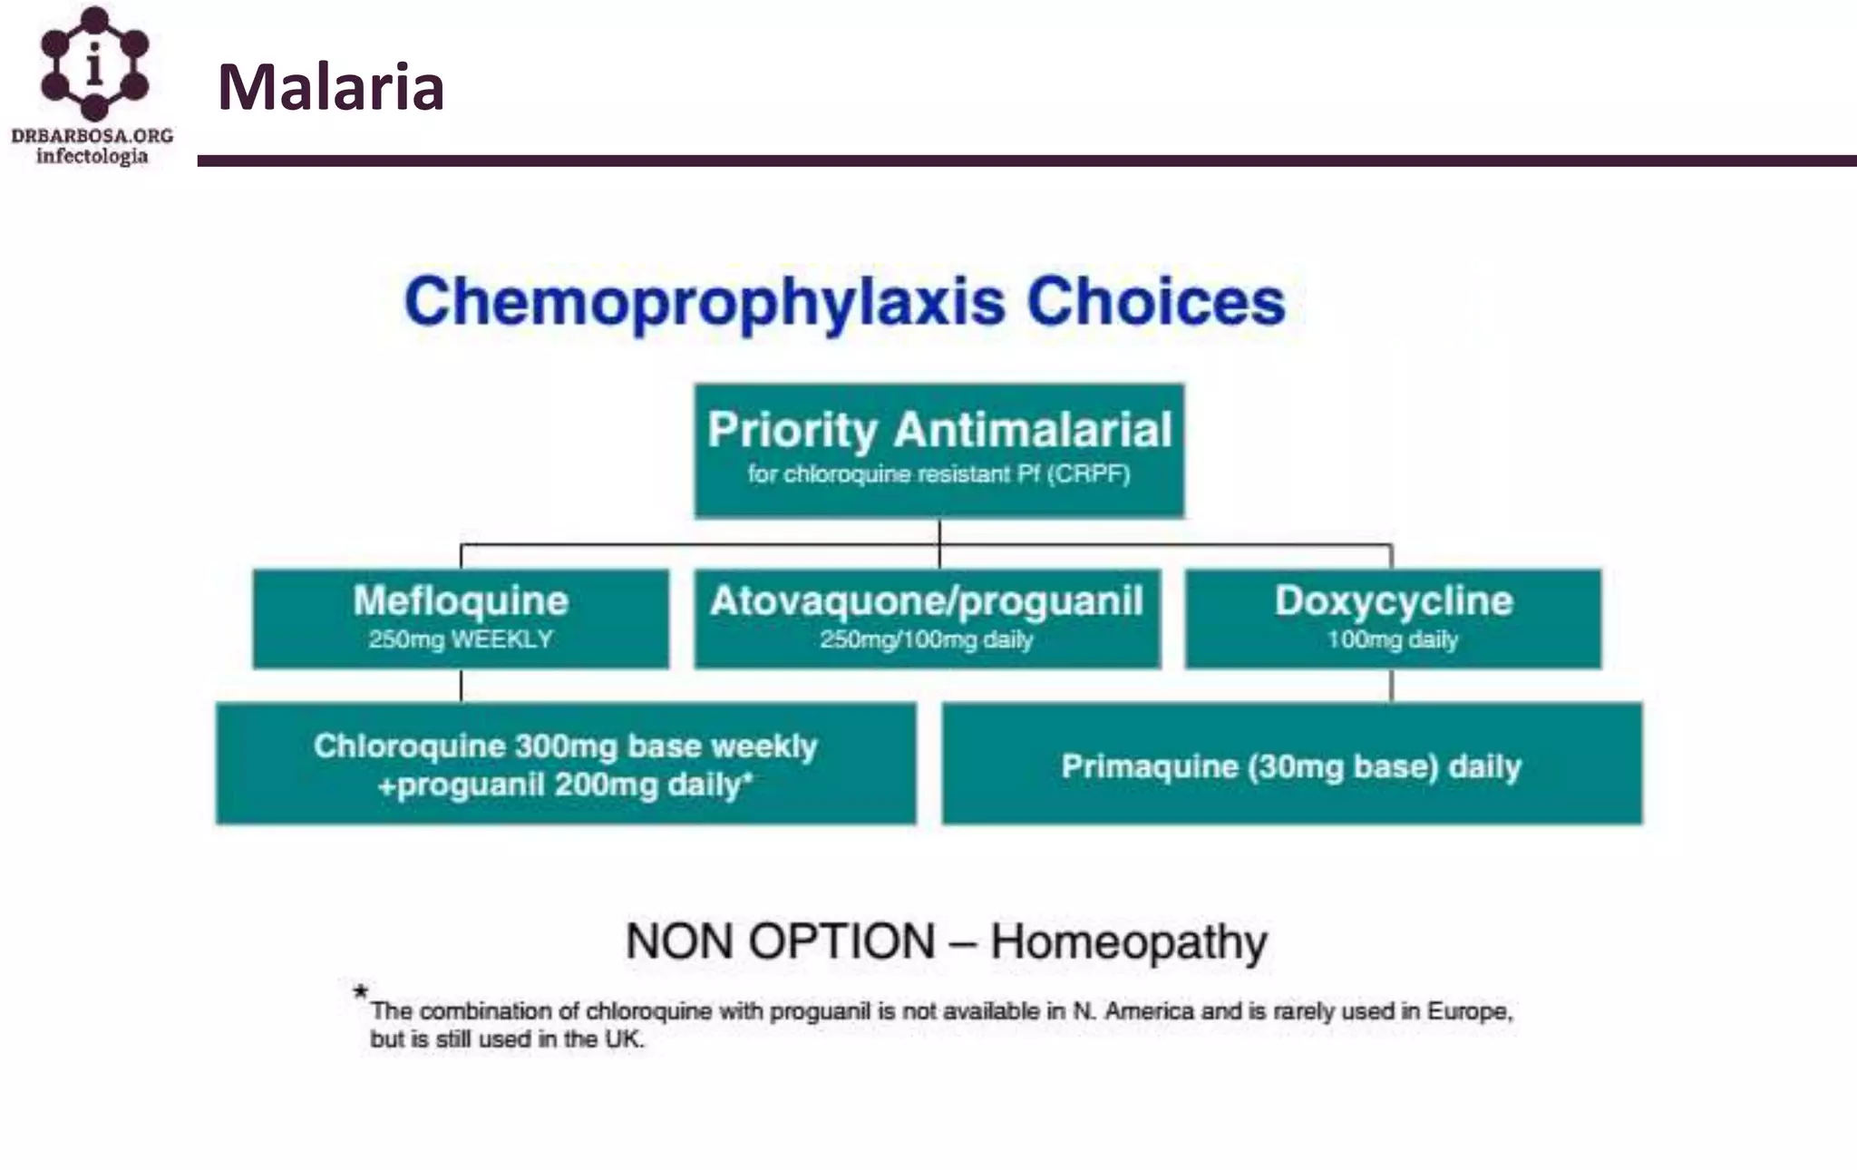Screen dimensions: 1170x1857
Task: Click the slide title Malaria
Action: [x=331, y=88]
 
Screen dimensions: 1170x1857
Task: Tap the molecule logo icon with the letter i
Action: [x=94, y=63]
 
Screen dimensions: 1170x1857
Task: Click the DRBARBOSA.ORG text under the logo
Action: [x=92, y=136]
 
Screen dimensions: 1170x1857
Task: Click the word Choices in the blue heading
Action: [x=1155, y=302]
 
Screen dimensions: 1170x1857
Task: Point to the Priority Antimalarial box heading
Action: [x=939, y=430]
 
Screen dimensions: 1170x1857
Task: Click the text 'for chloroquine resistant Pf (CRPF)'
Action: [x=939, y=474]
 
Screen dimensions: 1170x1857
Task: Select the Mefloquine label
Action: [x=461, y=600]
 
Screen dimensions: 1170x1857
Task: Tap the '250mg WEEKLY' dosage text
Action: [x=461, y=639]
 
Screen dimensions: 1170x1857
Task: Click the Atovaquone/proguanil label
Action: [x=927, y=600]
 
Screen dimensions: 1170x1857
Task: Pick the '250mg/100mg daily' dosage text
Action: [x=927, y=640]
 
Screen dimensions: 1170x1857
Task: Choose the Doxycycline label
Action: [x=1394, y=600]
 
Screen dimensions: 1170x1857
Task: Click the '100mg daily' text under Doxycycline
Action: [x=1393, y=640]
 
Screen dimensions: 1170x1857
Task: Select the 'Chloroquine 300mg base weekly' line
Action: [x=566, y=746]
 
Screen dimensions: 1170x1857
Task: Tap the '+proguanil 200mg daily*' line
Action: [x=566, y=785]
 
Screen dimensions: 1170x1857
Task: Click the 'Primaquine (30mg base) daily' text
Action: [x=1291, y=767]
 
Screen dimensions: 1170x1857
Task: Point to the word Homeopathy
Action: [x=1129, y=942]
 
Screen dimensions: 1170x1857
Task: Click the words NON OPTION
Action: [x=780, y=941]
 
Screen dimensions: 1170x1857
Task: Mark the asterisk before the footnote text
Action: [x=361, y=992]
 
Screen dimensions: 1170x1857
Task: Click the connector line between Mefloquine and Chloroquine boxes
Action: [x=462, y=686]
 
